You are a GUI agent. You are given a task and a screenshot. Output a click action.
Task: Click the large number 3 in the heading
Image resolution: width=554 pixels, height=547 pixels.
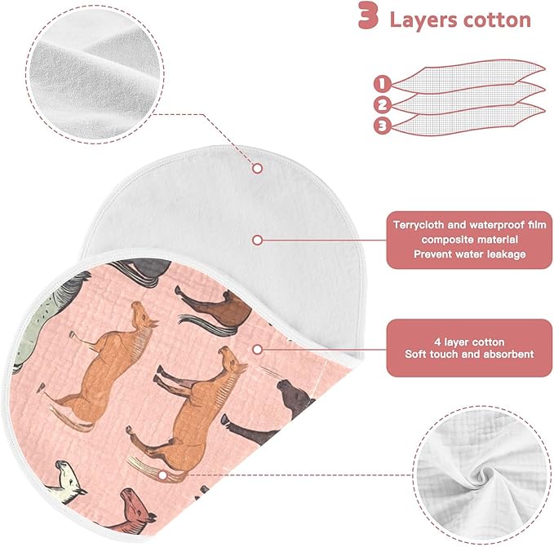(x=368, y=15)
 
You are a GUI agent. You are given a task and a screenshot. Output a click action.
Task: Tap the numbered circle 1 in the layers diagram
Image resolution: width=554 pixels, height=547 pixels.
(x=383, y=84)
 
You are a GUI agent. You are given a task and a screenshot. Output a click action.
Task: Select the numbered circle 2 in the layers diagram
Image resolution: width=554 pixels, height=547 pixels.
(x=383, y=105)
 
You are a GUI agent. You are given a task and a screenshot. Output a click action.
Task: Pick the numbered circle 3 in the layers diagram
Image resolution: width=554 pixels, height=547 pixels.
(x=383, y=126)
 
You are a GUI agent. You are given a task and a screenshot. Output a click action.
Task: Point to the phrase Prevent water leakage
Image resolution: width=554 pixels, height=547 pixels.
(x=470, y=254)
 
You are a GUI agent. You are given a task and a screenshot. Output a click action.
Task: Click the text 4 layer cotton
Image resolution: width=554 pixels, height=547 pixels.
(x=469, y=342)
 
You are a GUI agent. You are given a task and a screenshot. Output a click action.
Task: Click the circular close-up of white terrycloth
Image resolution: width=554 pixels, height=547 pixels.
(x=95, y=74)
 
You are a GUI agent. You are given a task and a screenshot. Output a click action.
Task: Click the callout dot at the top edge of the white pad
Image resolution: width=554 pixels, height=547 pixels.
(x=258, y=168)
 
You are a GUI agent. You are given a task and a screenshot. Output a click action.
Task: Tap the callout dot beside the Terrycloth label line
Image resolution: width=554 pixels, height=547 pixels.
(x=258, y=240)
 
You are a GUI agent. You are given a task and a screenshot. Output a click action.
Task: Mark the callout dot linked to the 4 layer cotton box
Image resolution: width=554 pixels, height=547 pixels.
(x=258, y=350)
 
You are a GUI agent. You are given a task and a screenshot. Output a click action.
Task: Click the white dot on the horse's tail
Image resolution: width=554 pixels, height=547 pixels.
(x=162, y=475)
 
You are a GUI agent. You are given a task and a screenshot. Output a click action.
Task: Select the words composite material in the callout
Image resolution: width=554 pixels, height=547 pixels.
(x=470, y=240)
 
